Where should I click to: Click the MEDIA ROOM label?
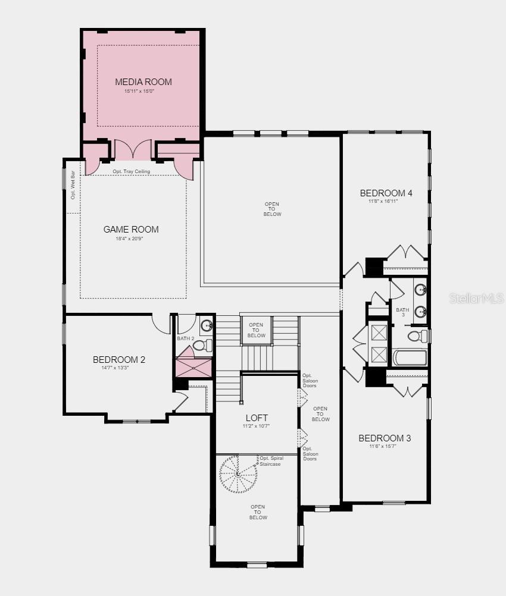click(x=143, y=81)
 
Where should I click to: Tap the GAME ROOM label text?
click(x=131, y=229)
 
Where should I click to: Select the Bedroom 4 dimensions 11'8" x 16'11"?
click(x=383, y=202)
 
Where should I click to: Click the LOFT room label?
click(x=257, y=418)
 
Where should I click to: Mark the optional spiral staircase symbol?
click(x=238, y=475)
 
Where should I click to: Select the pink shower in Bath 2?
click(x=193, y=368)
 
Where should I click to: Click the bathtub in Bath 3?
click(x=410, y=357)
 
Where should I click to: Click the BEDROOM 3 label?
click(x=385, y=438)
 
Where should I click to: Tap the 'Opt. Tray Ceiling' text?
click(x=131, y=171)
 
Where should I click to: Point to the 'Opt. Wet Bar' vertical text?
click(x=73, y=185)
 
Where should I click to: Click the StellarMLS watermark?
click(x=476, y=299)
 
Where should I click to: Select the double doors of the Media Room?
click(x=133, y=149)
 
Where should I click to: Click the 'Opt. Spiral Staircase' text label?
click(x=271, y=461)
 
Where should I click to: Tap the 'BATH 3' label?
click(x=403, y=312)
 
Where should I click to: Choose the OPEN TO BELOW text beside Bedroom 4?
click(x=272, y=209)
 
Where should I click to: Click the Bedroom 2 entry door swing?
click(x=161, y=324)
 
